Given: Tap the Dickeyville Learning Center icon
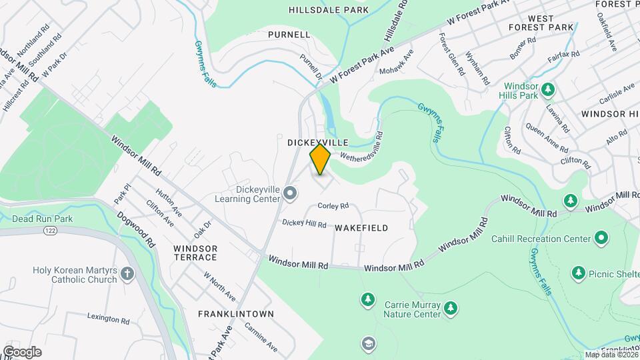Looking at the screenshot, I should (290, 193).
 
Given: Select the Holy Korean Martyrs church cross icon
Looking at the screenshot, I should (127, 273).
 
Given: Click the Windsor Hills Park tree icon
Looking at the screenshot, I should (548, 89).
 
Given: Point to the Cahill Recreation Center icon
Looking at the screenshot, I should (601, 238).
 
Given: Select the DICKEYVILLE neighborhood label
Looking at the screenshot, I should (318, 143).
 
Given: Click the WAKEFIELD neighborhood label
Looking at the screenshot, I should (361, 228).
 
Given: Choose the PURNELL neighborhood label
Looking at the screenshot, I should (289, 34).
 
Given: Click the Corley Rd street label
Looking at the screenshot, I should (333, 206).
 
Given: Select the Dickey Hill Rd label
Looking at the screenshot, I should (304, 224).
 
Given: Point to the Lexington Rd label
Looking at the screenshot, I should (107, 321).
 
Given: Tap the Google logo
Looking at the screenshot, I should (21, 352).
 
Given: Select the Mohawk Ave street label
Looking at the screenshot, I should (396, 61).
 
